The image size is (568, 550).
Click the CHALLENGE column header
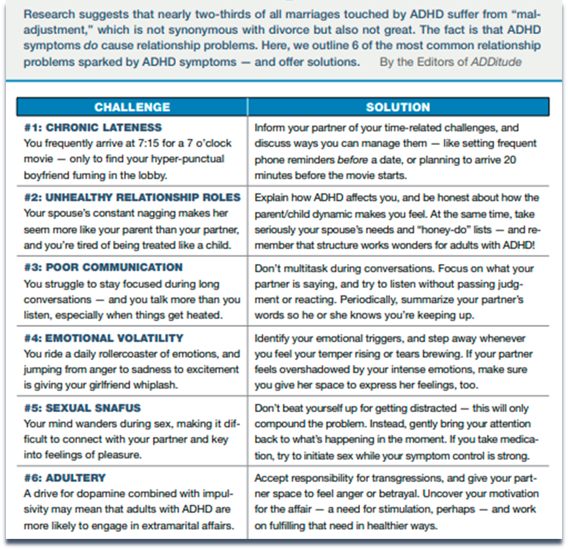coord(132,107)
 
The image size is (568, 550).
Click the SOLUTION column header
coord(398,107)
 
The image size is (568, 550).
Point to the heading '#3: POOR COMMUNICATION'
coord(103,267)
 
